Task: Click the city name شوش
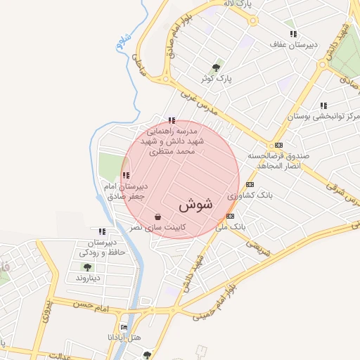coord(195,205)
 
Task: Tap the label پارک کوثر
coord(215,78)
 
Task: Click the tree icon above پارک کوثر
coord(216,67)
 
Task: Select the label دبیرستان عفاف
coord(294,44)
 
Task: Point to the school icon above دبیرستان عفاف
coord(292,34)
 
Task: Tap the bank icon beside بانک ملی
coord(230,215)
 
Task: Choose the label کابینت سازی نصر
coord(161,227)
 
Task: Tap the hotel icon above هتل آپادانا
coord(124,327)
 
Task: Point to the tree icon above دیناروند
coord(87,267)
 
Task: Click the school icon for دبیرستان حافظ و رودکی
coord(103,231)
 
